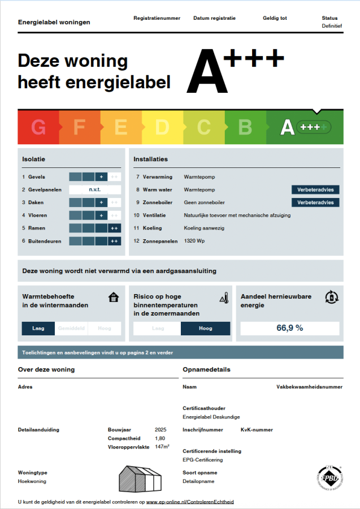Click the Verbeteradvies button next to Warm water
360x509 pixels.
click(315, 189)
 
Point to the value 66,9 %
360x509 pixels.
click(290, 328)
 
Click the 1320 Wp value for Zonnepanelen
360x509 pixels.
click(195, 241)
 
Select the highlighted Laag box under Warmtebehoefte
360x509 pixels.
click(38, 328)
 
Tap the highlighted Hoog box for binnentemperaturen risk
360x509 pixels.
click(205, 328)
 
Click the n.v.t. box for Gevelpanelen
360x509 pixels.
click(95, 189)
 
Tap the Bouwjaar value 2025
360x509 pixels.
click(161, 430)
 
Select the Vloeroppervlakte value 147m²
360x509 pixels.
click(162, 447)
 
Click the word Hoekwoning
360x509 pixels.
click(32, 481)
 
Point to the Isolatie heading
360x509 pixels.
click(33, 159)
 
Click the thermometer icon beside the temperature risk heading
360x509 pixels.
click(224, 297)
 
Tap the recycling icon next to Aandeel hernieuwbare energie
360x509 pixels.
click(331, 297)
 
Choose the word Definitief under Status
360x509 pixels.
click(332, 26)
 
